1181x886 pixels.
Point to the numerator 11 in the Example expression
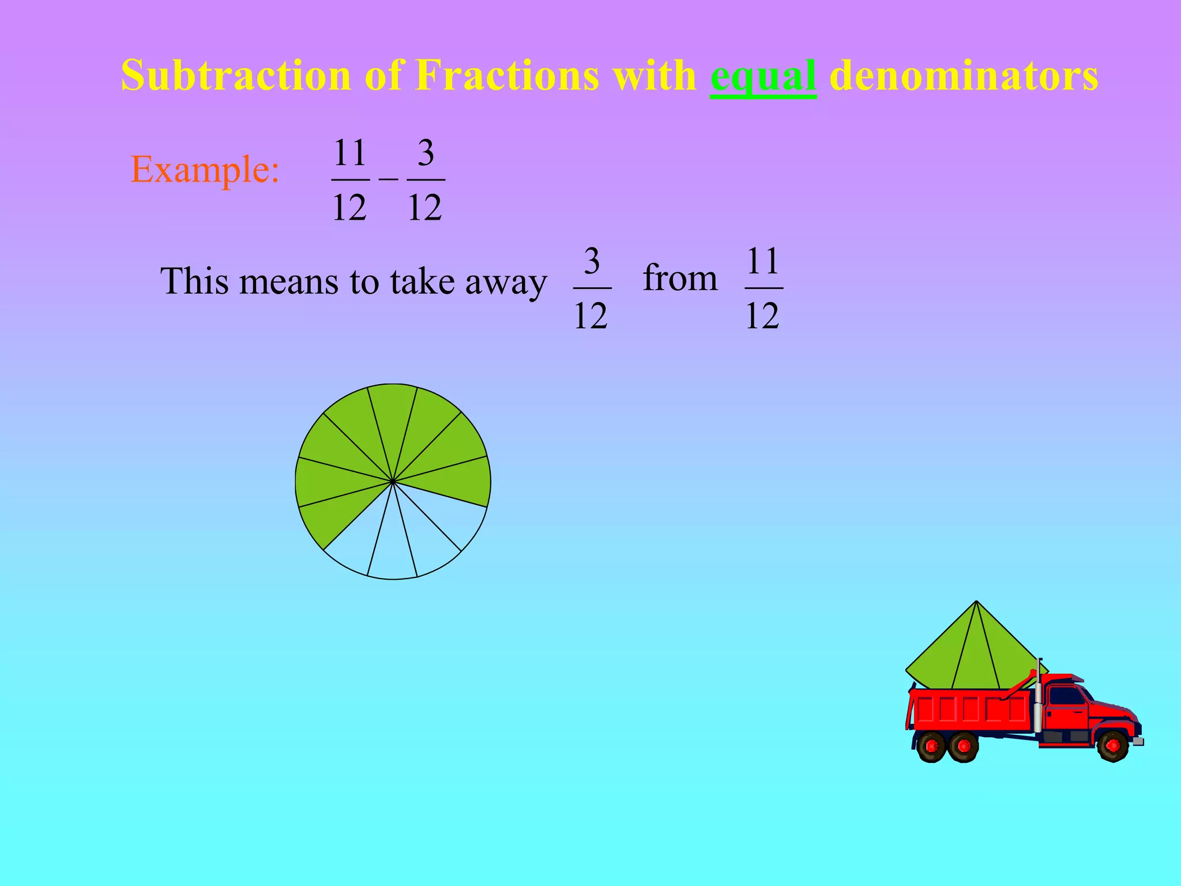tap(350, 153)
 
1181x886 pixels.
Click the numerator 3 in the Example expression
tap(426, 153)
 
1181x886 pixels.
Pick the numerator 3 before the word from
tap(592, 261)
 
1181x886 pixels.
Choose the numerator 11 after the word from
tap(763, 261)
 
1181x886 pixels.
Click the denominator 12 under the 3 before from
tap(590, 316)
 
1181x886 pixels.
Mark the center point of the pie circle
tap(393, 481)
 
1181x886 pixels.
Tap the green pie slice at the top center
tap(393, 415)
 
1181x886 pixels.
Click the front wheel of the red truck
tap(1112, 746)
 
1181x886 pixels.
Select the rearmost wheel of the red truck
tap(931, 747)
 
